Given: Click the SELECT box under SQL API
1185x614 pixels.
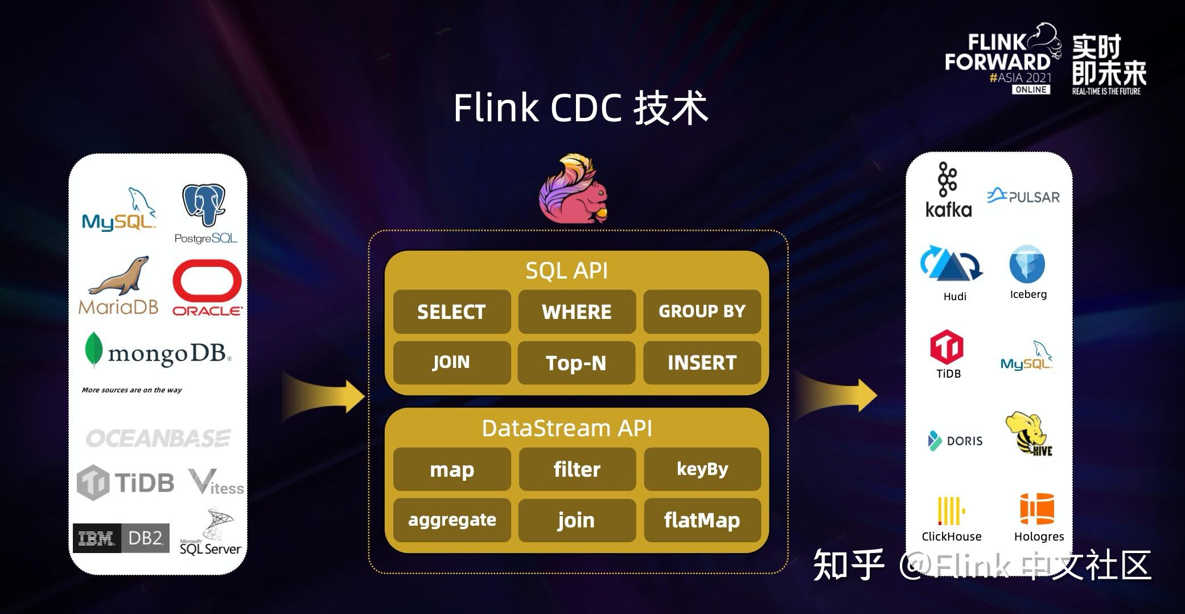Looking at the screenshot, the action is click(452, 312).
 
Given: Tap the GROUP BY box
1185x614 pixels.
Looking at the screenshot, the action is click(702, 312).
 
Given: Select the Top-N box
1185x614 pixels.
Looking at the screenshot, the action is click(577, 363).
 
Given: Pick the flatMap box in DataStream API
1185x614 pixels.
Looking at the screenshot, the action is click(702, 520).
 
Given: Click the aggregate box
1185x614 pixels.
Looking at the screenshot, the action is click(452, 520).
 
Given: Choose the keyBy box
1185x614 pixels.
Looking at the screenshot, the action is click(702, 469).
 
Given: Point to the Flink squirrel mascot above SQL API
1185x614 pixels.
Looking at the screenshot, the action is click(574, 188).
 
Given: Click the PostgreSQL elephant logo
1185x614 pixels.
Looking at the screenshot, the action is click(205, 214).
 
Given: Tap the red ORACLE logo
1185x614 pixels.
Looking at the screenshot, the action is click(207, 288).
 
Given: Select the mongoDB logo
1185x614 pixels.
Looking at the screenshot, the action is click(158, 351).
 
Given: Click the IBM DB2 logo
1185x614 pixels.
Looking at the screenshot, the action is click(121, 538).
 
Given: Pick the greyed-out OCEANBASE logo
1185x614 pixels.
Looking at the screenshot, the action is click(158, 438).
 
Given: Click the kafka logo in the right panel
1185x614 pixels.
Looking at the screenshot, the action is click(948, 190).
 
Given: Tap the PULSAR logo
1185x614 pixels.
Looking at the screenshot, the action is click(1023, 196).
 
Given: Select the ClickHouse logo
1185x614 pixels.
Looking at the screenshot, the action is click(952, 519).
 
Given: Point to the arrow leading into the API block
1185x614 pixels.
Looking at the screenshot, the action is click(323, 395).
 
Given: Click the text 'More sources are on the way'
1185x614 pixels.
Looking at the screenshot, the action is click(132, 390).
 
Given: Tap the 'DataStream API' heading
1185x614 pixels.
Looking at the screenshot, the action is click(567, 428).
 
